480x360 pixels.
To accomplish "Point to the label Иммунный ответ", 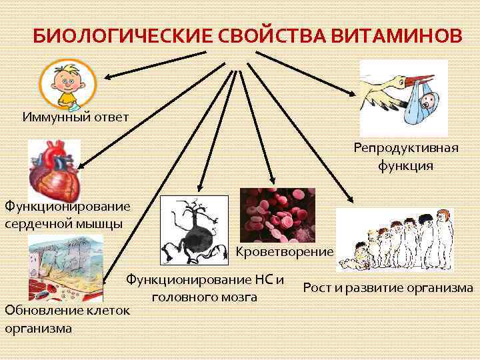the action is pyautogui.click(x=75, y=117).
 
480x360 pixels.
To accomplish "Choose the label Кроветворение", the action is pyautogui.click(x=285, y=251).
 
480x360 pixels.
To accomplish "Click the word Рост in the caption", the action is pyautogui.click(x=317, y=288).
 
